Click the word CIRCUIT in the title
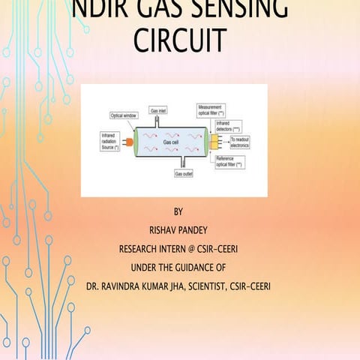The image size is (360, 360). (x=179, y=40)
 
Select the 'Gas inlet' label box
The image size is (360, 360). (x=158, y=109)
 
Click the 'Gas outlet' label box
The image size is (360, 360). (x=184, y=173)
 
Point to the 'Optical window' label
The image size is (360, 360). (x=126, y=116)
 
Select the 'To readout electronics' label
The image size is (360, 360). (x=244, y=141)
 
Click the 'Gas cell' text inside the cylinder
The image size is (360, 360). (x=171, y=142)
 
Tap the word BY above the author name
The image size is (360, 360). (x=178, y=213)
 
